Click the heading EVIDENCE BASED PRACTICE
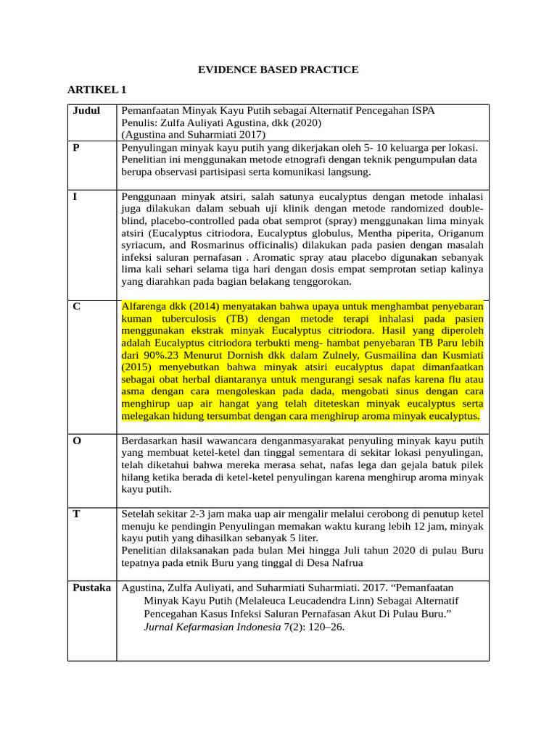[x=278, y=70]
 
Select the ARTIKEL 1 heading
[x=97, y=90]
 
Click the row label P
[x=77, y=147]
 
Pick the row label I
[x=75, y=196]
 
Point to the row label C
[x=77, y=307]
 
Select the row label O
[x=78, y=441]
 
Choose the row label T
[x=77, y=514]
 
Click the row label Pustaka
[x=92, y=588]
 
